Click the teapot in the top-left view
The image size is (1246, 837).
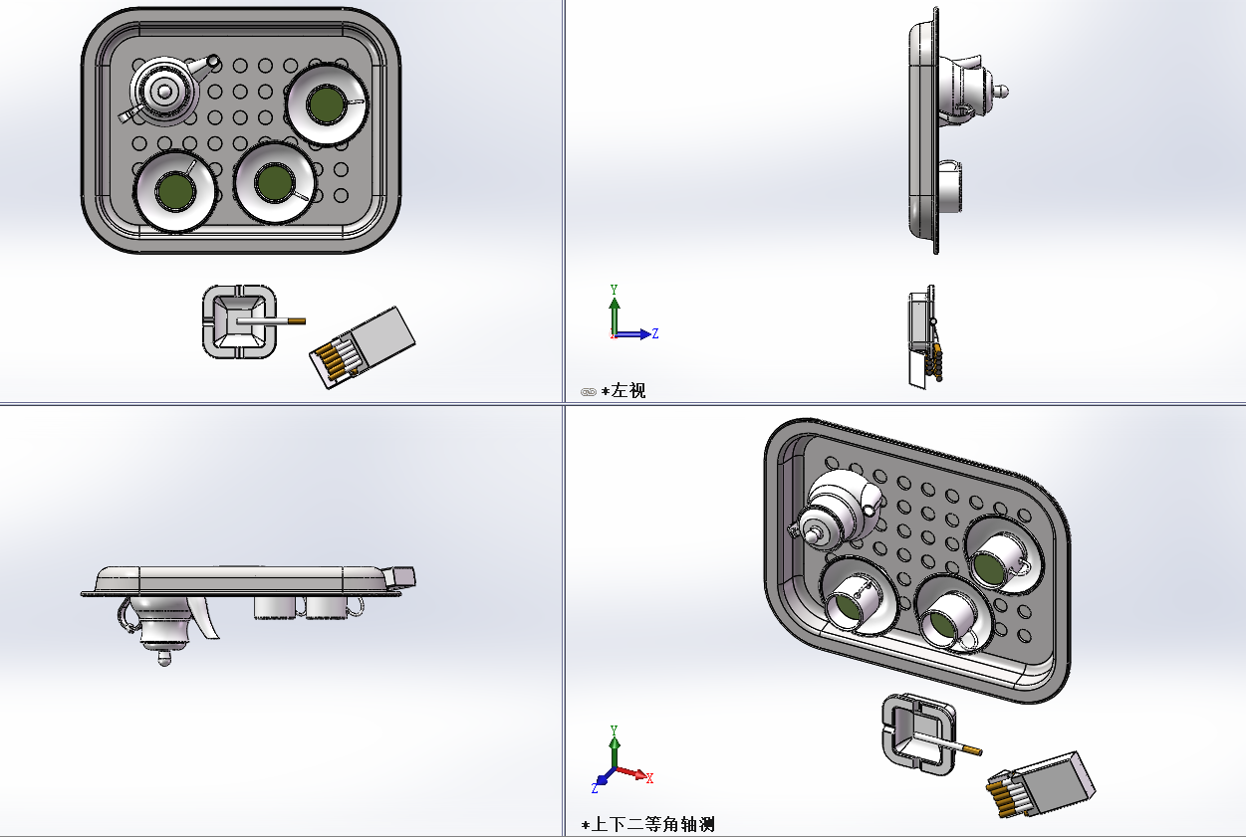click(x=165, y=91)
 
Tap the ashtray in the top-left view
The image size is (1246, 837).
click(x=239, y=321)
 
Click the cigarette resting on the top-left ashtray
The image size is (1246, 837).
click(x=283, y=320)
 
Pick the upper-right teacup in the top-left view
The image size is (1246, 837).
click(x=326, y=104)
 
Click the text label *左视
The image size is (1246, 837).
click(x=623, y=391)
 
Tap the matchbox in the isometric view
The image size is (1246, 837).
click(x=1041, y=786)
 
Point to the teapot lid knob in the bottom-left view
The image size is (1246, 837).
click(x=165, y=658)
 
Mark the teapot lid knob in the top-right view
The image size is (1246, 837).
click(x=1004, y=92)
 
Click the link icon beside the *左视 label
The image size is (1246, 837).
click(x=588, y=392)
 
